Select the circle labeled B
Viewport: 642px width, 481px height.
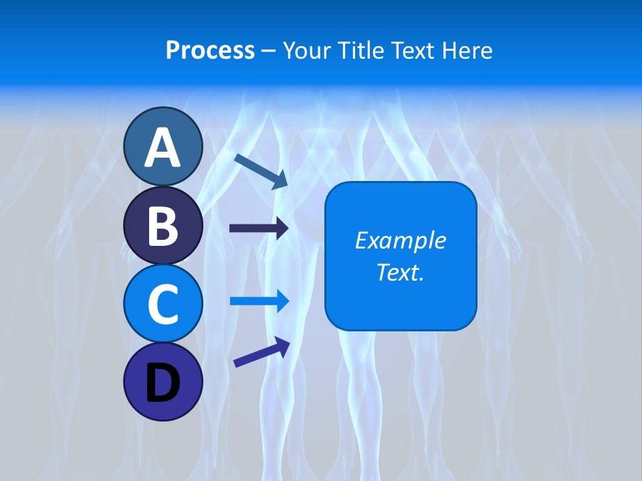[x=163, y=226]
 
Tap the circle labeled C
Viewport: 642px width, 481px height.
[x=163, y=303]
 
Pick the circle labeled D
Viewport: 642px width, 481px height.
[x=163, y=381]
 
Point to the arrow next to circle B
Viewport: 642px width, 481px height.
[x=259, y=228]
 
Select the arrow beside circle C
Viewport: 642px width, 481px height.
[x=259, y=301]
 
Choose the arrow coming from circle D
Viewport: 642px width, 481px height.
[x=261, y=353]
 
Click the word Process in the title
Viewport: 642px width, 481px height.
[x=210, y=51]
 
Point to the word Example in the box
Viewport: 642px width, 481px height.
[x=400, y=240]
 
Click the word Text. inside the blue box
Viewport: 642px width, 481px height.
[x=400, y=272]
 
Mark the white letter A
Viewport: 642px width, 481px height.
[x=163, y=148]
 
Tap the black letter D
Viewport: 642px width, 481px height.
[x=163, y=383]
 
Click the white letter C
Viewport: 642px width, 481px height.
[x=163, y=304]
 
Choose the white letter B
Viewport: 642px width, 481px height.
[x=163, y=226]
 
